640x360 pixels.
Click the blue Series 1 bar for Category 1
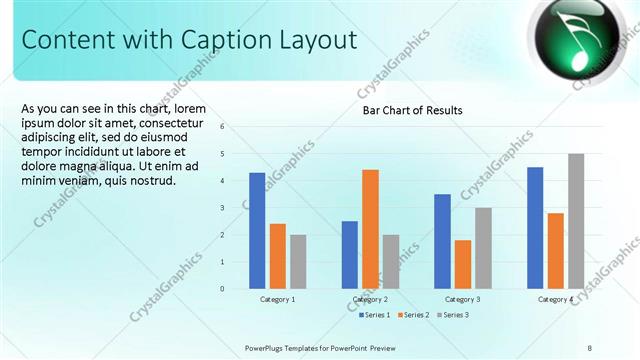point(257,231)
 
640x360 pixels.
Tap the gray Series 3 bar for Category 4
point(576,221)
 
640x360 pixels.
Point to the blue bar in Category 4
point(535,228)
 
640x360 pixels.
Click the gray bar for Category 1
point(298,262)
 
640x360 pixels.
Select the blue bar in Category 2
point(350,255)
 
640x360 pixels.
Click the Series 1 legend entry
point(375,315)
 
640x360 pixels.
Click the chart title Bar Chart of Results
point(412,110)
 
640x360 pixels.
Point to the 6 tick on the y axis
point(236,127)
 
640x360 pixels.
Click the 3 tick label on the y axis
point(236,208)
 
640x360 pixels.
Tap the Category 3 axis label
point(463,299)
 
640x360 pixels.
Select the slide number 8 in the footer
point(590,347)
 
